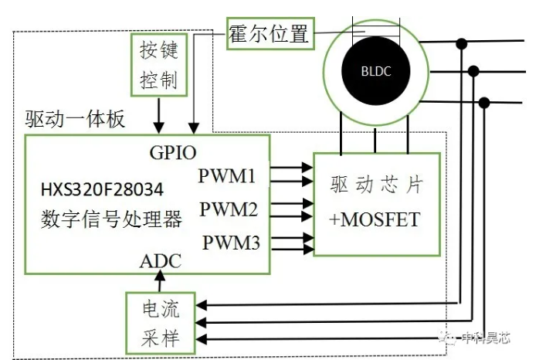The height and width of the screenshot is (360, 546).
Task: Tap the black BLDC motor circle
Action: [376, 70]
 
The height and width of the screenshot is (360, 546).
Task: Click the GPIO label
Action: [173, 152]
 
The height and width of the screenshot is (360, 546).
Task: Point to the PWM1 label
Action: [227, 175]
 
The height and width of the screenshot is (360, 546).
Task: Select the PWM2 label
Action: [229, 209]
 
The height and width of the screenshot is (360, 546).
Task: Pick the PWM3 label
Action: [231, 243]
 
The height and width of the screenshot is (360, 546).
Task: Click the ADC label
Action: [161, 261]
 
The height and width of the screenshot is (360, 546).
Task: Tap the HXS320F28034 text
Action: [102, 190]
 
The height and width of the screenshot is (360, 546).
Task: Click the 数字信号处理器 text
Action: [111, 219]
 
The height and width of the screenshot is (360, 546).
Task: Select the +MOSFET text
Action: [375, 219]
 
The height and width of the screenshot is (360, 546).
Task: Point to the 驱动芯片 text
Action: [377, 185]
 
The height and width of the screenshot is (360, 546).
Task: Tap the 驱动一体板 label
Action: [75, 119]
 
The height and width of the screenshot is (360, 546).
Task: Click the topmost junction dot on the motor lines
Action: [462, 44]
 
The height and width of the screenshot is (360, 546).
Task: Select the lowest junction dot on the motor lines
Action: [484, 103]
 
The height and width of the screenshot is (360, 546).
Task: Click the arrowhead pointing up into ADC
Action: [160, 276]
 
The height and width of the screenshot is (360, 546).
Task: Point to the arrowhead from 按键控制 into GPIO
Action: [159, 127]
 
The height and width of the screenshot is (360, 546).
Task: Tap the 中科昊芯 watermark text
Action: [486, 338]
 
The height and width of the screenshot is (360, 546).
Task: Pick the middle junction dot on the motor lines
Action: [473, 71]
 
